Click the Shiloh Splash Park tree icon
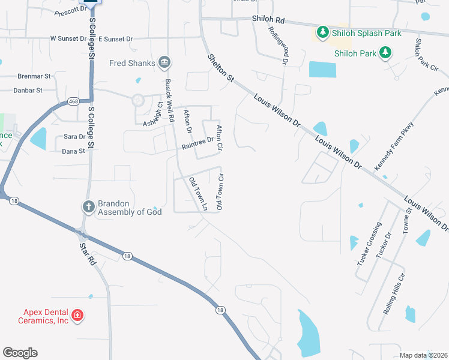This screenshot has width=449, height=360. coord(323,32)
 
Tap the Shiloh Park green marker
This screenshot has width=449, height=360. coord(385,53)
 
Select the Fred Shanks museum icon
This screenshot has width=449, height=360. coord(164,62)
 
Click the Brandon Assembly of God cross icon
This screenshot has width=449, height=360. coord(88,207)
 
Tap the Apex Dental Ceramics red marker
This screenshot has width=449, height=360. coord(77,316)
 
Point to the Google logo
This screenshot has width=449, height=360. coord(20,353)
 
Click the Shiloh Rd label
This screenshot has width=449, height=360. coord(268,20)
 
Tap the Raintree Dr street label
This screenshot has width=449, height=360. coord(197,142)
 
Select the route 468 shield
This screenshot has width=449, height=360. coord(72,101)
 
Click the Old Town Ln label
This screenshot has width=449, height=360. coord(198,193)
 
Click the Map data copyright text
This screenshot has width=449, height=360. coord(423,355)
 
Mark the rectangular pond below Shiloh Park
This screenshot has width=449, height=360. coord(322,70)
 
